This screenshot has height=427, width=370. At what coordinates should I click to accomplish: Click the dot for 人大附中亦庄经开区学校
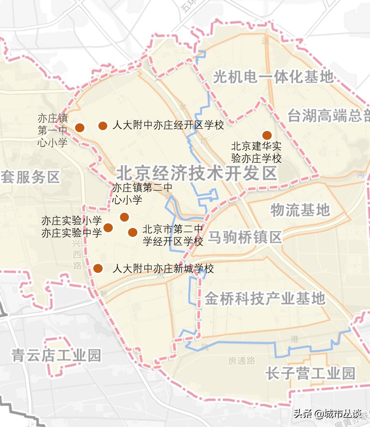tap(103, 125)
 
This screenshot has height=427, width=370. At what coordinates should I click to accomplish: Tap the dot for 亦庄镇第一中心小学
tap(79, 127)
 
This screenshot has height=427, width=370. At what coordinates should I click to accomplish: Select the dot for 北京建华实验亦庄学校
tap(267, 135)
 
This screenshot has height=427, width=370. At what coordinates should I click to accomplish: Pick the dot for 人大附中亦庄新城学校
tap(98, 268)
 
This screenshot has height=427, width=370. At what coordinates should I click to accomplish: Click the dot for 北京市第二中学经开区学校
tap(133, 232)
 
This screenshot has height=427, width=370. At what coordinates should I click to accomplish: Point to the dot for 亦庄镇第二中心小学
tap(124, 217)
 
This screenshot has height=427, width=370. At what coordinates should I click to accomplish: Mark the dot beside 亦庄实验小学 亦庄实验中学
tap(108, 227)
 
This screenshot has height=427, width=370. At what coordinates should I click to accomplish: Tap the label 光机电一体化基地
tap(273, 77)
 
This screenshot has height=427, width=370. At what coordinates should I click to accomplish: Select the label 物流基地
tap(300, 210)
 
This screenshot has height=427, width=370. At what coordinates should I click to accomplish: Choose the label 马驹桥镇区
tap(245, 238)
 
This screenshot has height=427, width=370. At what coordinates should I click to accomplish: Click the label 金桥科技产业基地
tap(265, 299)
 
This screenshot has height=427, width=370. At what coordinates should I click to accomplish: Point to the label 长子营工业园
tap(310, 374)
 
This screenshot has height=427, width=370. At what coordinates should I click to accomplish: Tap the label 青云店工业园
tap(56, 355)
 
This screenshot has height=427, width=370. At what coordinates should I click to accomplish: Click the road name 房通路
tap(242, 360)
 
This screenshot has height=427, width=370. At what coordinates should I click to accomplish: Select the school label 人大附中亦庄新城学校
tap(163, 269)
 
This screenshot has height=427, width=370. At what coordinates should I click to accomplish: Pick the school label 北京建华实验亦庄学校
tap(256, 152)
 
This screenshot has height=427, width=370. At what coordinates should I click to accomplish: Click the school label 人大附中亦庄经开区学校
tap(168, 125)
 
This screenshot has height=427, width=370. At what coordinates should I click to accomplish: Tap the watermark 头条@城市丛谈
tap(328, 413)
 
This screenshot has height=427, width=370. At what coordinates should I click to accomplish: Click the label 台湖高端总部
tap(328, 116)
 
